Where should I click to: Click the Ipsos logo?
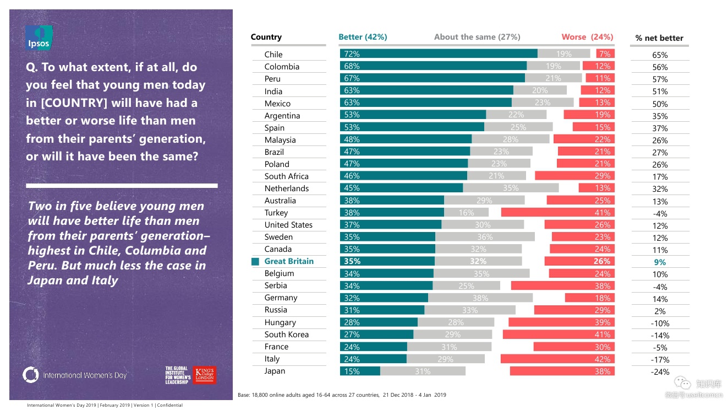coord(39,38)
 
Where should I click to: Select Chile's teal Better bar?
coord(439,53)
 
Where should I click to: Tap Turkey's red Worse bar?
coord(557,212)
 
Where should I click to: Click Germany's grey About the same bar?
coord(480,298)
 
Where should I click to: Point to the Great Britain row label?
coord(289,261)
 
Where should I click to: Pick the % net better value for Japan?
coord(660,372)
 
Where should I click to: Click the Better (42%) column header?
coord(363,37)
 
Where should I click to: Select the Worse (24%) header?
coord(587,37)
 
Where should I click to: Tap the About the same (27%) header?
coord(477,37)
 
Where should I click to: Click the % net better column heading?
coord(659,38)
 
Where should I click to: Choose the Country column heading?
coord(266,37)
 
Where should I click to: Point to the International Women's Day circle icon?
coord(31,375)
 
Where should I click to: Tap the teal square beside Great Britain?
coord(255,262)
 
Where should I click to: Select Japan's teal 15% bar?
coord(360,371)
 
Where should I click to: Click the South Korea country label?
coord(286,335)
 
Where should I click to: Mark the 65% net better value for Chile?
coord(660,55)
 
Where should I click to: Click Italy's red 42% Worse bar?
coord(557,359)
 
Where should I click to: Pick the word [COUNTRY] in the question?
coord(76,103)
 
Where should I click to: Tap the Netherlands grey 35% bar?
coord(511,188)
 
